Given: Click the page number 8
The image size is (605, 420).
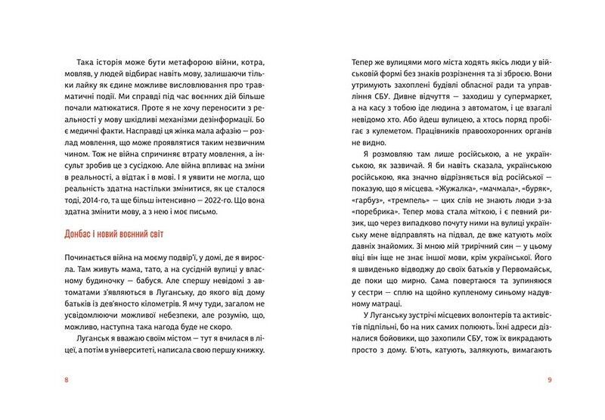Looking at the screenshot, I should [x=67, y=379].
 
